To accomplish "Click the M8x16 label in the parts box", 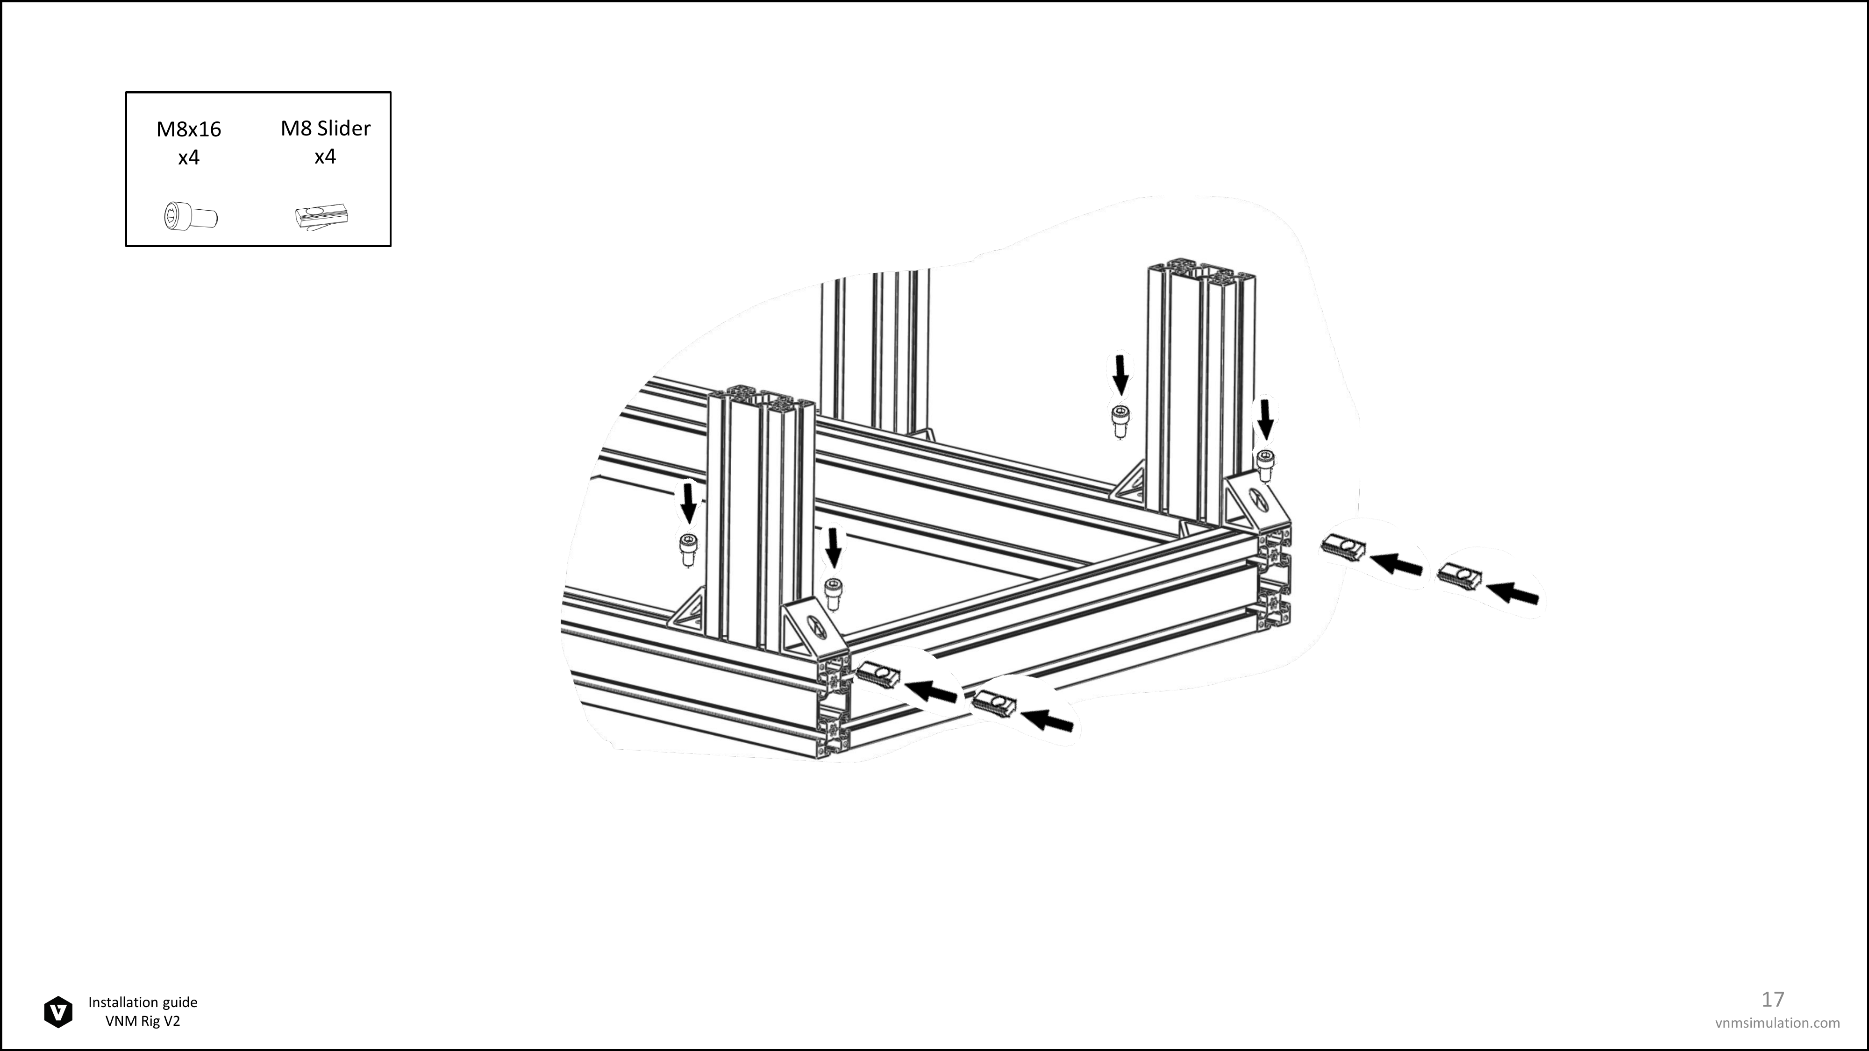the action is coord(189,129).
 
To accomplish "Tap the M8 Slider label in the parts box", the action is coord(326,128).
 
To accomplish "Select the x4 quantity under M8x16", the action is coord(189,157).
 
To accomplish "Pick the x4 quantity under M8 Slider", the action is coord(325,156).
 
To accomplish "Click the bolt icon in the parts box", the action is coord(191,216).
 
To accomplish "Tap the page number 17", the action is coord(1772,1000).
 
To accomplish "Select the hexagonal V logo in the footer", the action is coord(58,1012).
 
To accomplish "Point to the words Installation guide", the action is coord(143,1002).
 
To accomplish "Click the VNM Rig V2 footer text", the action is coord(143,1021).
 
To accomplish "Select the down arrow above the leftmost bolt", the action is coord(688,503).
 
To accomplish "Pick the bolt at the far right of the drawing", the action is coord(1265,465).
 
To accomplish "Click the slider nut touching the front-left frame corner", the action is coord(878,675).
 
